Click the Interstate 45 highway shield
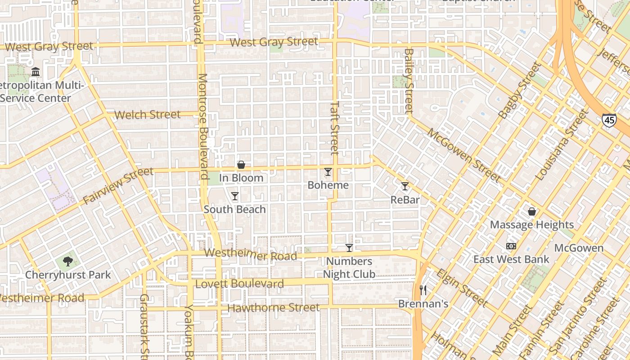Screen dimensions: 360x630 [608, 120]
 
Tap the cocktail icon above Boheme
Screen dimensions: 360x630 [328, 172]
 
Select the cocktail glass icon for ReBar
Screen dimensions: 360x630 [405, 186]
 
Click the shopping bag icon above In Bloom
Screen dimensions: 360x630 [241, 165]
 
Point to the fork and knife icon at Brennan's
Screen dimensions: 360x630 [423, 290]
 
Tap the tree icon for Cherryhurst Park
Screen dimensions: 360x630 [68, 261]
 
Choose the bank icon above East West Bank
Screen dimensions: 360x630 [511, 246]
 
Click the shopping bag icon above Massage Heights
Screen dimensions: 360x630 [532, 211]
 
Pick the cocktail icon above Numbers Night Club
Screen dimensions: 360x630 [349, 248]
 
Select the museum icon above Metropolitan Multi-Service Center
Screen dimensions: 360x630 [36, 72]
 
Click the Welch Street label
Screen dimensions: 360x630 [147, 115]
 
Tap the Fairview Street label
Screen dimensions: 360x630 [118, 185]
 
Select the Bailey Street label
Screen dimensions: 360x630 [409, 81]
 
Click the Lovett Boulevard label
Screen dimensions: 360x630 [239, 284]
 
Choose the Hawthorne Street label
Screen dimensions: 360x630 [274, 308]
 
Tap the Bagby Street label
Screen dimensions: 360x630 [519, 91]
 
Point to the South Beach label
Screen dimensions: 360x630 [235, 209]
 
